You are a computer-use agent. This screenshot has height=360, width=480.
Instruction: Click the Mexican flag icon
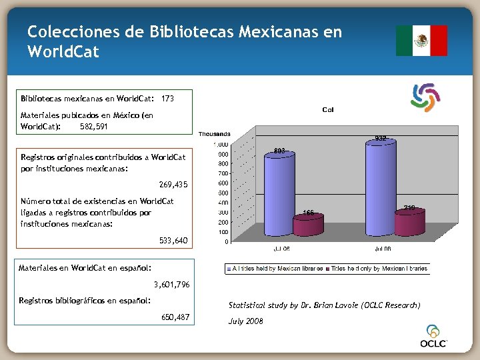click(x=421, y=41)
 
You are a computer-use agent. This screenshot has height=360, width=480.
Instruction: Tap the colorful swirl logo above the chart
click(x=426, y=97)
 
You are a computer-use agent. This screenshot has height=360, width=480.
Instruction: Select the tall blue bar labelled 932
click(x=379, y=190)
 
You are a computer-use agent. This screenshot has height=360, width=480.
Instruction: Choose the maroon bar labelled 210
click(x=410, y=224)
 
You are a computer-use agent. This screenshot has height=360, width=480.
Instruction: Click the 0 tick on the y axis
click(x=226, y=241)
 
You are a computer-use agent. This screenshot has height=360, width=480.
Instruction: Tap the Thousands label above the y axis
click(x=215, y=134)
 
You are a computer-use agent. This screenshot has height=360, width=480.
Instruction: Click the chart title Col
click(x=328, y=109)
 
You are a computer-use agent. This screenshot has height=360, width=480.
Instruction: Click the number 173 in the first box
click(x=168, y=99)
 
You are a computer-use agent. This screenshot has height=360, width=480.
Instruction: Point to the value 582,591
click(x=94, y=125)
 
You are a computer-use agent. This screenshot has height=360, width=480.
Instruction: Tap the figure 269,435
click(x=173, y=184)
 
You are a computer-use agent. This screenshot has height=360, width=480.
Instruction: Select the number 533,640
click(x=173, y=240)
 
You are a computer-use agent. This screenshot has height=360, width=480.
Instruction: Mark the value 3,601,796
click(x=171, y=285)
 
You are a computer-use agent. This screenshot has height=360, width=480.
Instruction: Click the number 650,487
click(x=175, y=317)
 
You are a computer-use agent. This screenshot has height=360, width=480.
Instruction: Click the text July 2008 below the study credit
click(x=246, y=321)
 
